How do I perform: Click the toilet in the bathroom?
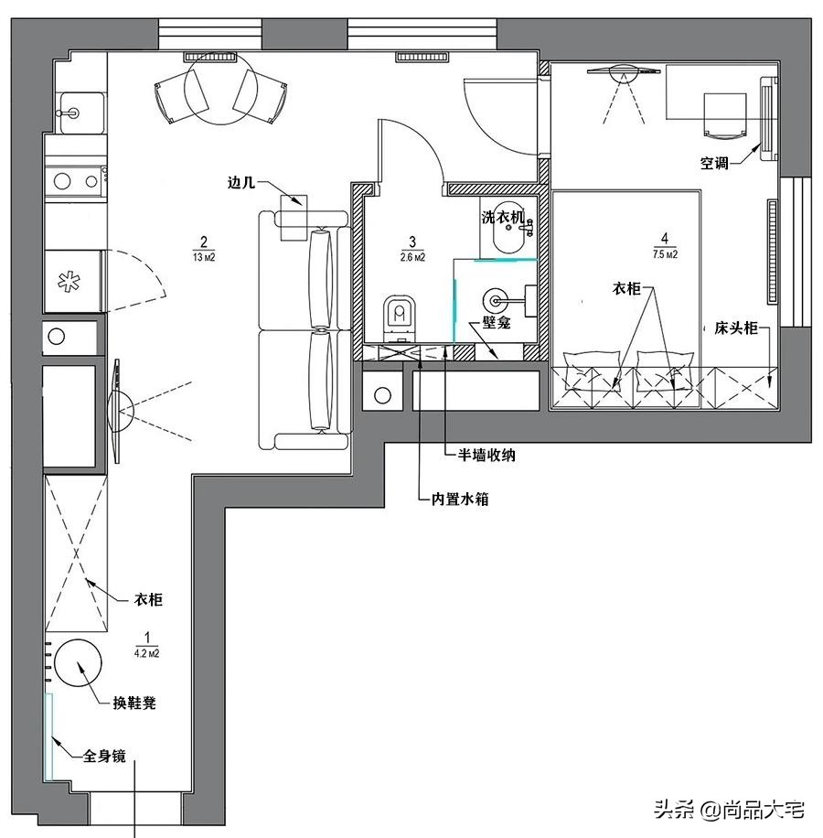click(x=399, y=317)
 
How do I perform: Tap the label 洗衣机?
click(x=502, y=218)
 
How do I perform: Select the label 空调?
click(x=715, y=164)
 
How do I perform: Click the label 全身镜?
click(x=104, y=756)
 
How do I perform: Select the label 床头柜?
click(x=736, y=328)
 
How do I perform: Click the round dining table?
click(x=216, y=88)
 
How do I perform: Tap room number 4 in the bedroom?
click(x=665, y=241)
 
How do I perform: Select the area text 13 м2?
click(x=204, y=258)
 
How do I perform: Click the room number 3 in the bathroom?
click(x=413, y=242)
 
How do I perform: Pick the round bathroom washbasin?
click(x=497, y=297)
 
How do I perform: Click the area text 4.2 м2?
click(x=147, y=653)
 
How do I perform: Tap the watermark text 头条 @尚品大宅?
click(x=728, y=809)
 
